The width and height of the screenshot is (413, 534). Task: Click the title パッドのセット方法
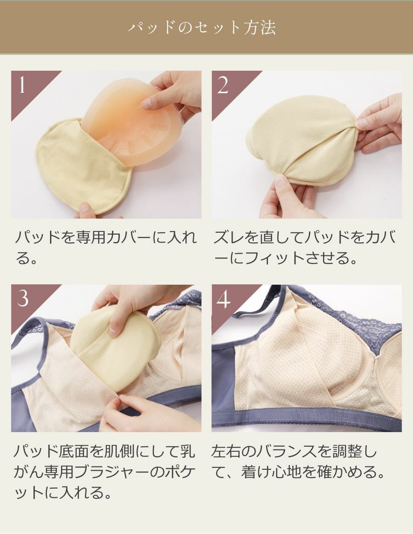201,28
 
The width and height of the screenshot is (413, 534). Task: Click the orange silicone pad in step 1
133,129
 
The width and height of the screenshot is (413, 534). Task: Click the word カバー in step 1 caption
120,238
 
